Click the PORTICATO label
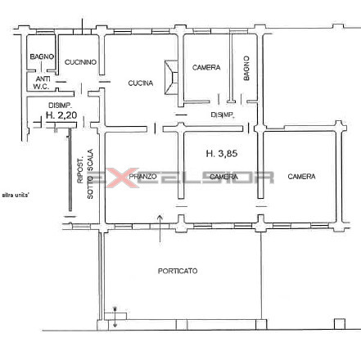(x=178, y=271)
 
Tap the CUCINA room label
(x=141, y=83)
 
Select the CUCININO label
(x=80, y=62)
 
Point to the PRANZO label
(x=142, y=177)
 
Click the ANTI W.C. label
(x=42, y=83)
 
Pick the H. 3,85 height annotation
(x=222, y=154)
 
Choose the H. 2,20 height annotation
(x=61, y=115)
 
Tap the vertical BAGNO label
(x=246, y=68)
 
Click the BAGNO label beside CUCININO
(x=42, y=56)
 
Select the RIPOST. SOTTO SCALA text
(x=85, y=173)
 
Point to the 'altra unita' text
(x=16, y=195)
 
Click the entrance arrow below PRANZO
(x=160, y=228)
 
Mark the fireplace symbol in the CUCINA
(x=171, y=78)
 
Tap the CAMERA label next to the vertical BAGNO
(x=206, y=67)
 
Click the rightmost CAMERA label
(x=301, y=177)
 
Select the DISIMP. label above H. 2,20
(x=60, y=105)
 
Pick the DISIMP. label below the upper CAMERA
(x=223, y=115)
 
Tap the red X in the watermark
(x=122, y=178)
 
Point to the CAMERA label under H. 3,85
(x=223, y=177)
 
